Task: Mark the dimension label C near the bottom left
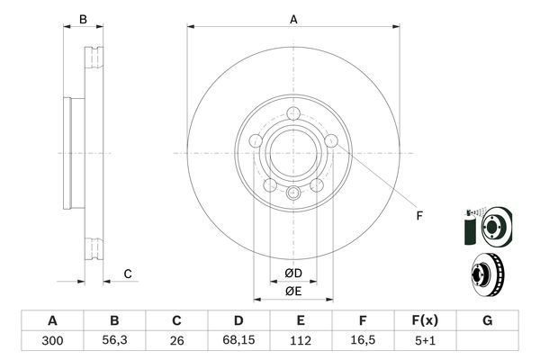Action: [x=128, y=274]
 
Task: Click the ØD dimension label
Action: [x=293, y=273]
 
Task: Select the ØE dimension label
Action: [x=293, y=291]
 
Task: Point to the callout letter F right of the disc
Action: [x=418, y=214]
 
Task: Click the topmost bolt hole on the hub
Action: [x=293, y=113]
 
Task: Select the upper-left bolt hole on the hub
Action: [x=256, y=140]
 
